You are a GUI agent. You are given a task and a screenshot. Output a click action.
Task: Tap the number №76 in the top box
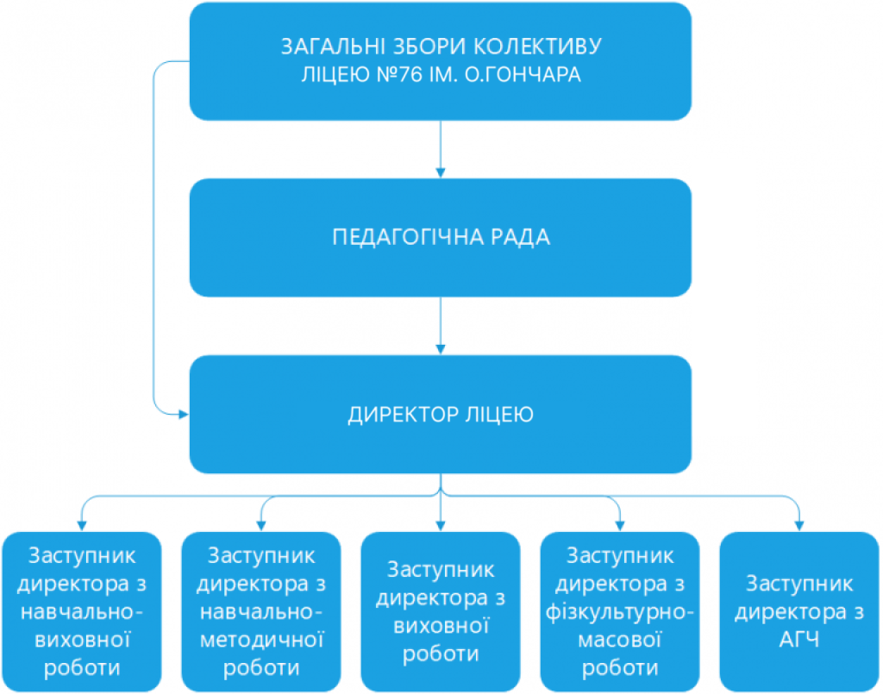click(x=399, y=74)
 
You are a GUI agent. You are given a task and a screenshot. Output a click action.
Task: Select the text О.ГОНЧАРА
click(x=523, y=74)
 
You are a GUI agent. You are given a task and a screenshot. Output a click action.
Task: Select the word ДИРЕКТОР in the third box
click(x=403, y=415)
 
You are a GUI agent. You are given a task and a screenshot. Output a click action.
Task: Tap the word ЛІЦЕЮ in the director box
click(x=499, y=415)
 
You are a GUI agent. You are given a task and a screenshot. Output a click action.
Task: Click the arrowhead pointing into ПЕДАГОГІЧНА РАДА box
click(x=441, y=172)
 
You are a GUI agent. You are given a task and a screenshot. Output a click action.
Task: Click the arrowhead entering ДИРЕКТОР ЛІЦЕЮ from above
click(x=441, y=349)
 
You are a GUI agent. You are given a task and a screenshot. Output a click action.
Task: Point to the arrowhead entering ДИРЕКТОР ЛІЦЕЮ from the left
click(x=184, y=415)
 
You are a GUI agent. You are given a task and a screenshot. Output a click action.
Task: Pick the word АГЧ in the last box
click(x=798, y=640)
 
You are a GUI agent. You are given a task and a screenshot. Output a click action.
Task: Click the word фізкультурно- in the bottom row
click(x=619, y=612)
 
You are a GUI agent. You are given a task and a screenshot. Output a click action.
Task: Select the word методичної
click(x=261, y=640)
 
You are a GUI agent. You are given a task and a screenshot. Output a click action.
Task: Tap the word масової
click(x=619, y=640)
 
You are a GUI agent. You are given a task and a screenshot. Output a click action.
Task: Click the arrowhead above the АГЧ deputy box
click(x=798, y=526)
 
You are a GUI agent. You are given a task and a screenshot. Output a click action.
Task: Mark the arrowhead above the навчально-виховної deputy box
click(x=82, y=526)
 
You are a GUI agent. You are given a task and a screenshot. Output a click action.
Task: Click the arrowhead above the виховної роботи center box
click(x=441, y=526)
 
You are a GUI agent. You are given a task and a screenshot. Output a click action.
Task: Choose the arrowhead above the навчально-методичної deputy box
click(x=260, y=526)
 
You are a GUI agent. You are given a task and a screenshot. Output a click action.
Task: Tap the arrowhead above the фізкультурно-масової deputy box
click(x=619, y=526)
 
